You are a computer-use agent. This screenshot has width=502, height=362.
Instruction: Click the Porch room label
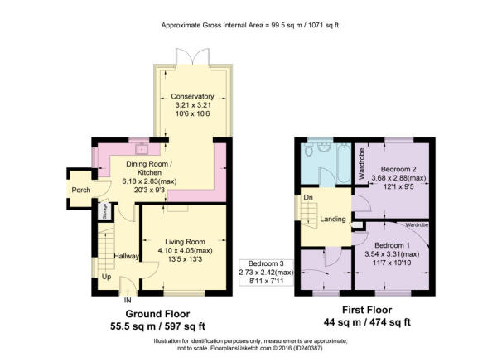(81, 190)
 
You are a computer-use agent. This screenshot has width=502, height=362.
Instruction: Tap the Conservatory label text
(192, 96)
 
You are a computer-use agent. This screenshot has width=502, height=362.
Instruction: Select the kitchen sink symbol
(141, 149)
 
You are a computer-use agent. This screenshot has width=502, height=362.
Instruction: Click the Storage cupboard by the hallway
(104, 211)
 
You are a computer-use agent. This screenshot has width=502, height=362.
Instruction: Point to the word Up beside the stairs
(106, 276)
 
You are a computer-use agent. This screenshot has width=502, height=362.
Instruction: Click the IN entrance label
(128, 301)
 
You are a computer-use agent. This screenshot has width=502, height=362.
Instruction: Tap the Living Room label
(185, 242)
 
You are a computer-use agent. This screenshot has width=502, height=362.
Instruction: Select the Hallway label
(127, 256)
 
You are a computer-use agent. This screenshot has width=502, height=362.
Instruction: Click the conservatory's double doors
(192, 57)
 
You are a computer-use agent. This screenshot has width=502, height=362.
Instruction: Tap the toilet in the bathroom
(308, 150)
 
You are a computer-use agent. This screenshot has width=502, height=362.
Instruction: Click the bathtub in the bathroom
(344, 163)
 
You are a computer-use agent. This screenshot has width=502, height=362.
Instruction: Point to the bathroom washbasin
(324, 148)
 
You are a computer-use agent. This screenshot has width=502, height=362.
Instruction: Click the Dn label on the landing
(308, 197)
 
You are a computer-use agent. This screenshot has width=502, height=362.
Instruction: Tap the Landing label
(333, 219)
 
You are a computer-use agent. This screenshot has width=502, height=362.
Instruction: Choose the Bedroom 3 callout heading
(266, 263)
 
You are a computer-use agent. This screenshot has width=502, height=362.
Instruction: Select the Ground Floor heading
(157, 314)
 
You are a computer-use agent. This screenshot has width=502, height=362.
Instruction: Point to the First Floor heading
(367, 310)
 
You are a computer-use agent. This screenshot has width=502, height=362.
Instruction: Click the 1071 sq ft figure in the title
(323, 26)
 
